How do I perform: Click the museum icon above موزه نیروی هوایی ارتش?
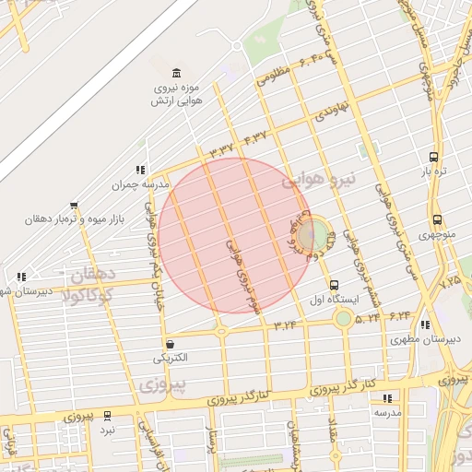(x=176, y=73)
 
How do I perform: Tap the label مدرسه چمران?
(x=142, y=184)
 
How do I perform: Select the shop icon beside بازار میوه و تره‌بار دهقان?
(x=73, y=206)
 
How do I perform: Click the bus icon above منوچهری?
(x=436, y=220)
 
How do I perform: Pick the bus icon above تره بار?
(x=433, y=157)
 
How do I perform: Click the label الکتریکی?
(x=170, y=358)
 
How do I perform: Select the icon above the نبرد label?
(x=108, y=416)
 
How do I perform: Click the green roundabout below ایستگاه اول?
(x=344, y=319)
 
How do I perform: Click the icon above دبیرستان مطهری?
(x=424, y=325)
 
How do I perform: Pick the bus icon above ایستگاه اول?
(x=333, y=285)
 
